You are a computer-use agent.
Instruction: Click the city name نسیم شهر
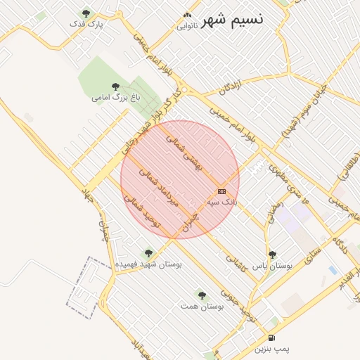click(232, 19)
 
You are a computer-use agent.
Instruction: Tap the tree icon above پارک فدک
click(86, 13)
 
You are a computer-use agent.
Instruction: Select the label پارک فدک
click(86, 24)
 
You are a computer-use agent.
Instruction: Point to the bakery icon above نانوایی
click(186, 15)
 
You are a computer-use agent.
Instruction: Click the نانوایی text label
click(186, 26)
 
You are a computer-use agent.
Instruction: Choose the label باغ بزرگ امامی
click(117, 97)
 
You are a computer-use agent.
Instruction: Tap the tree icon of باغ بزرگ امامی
click(115, 86)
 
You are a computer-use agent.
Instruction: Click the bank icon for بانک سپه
click(221, 191)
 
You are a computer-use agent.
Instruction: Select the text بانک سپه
click(221, 202)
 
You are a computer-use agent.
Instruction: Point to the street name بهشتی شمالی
click(184, 149)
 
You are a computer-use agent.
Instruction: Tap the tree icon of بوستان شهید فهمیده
click(148, 253)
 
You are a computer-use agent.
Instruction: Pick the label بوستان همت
click(202, 306)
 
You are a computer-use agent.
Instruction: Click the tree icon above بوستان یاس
click(272, 255)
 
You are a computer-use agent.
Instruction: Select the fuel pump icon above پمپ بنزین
click(271, 338)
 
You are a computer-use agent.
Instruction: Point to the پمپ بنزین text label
click(271, 349)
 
